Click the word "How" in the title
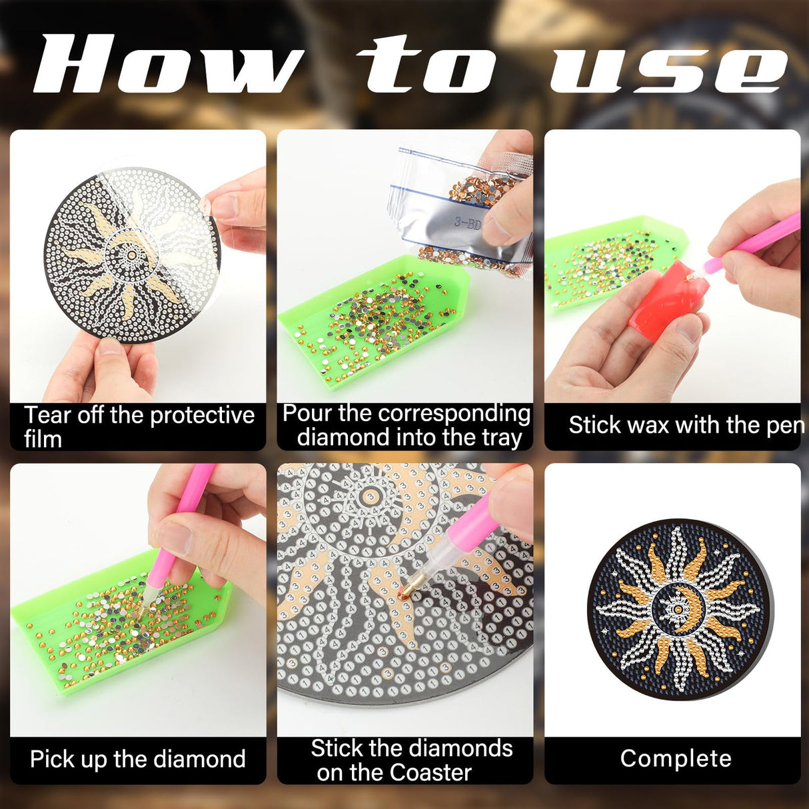tap(167, 65)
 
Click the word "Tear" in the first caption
tap(47, 415)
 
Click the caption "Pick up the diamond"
tap(138, 759)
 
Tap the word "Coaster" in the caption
tap(430, 772)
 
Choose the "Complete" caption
tap(675, 758)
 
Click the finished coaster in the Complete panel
tap(675, 608)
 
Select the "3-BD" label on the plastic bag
tap(468, 223)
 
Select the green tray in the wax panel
tap(600, 267)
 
